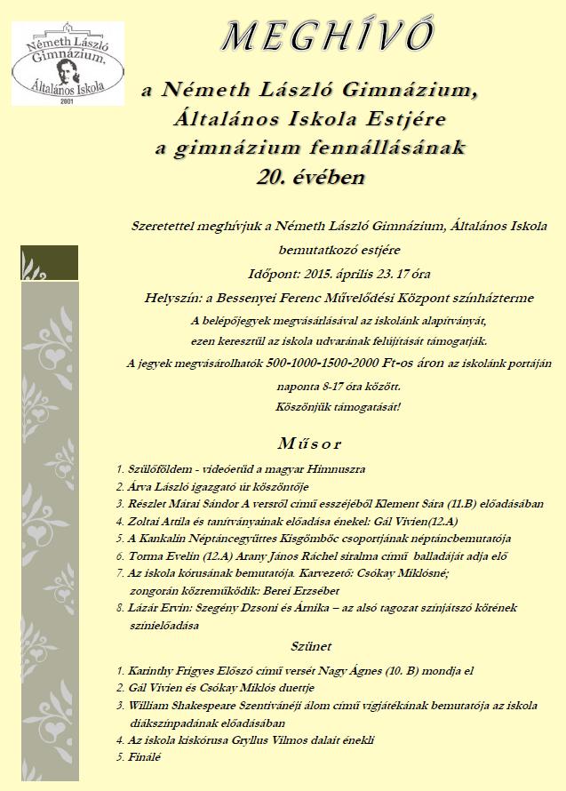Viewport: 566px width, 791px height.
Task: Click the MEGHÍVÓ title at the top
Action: [x=329, y=36]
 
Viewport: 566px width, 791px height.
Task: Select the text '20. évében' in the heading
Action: [x=310, y=176]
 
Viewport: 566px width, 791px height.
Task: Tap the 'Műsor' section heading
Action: [x=309, y=442]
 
